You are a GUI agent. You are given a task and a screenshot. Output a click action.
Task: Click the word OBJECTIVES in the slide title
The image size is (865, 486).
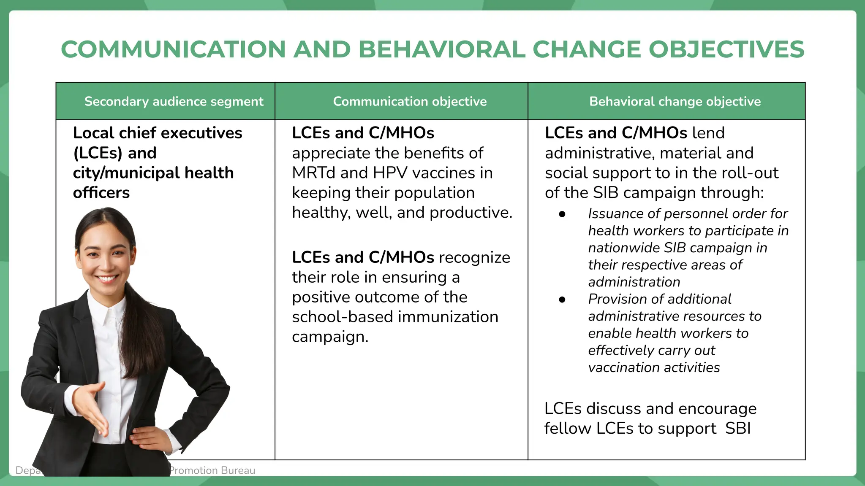click(x=726, y=49)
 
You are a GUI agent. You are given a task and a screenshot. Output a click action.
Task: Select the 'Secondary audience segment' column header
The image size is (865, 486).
click(x=174, y=101)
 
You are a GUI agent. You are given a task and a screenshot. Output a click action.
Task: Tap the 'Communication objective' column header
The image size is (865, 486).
click(x=410, y=101)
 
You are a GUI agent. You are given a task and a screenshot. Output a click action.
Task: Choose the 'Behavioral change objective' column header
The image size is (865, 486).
click(x=675, y=101)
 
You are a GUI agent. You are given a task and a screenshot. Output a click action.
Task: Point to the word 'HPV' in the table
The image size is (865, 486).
click(x=389, y=173)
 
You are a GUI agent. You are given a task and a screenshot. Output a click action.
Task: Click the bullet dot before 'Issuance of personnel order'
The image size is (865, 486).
click(x=562, y=214)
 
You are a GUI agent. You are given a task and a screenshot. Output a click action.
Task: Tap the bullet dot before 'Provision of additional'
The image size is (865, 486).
click(x=562, y=300)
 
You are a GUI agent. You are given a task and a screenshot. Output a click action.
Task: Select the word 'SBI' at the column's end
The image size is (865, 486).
click(x=738, y=429)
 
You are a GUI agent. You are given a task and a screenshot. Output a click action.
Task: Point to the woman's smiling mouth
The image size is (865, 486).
click(x=107, y=278)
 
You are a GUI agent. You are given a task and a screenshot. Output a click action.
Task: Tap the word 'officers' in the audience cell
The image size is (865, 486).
click(x=101, y=193)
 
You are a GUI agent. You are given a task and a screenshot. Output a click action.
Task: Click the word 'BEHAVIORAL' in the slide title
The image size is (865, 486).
click(x=441, y=49)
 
